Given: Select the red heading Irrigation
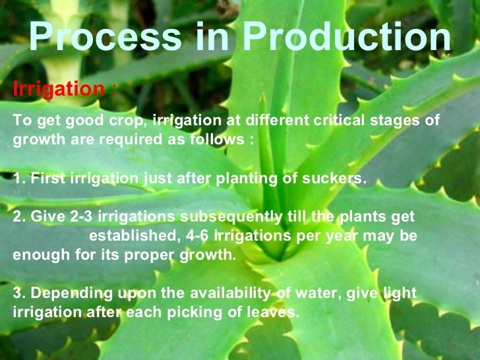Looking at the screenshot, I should pyautogui.click(x=59, y=89).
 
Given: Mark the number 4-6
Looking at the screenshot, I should pyautogui.click(x=195, y=236).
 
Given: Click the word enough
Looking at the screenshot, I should pyautogui.click(x=36, y=255).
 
